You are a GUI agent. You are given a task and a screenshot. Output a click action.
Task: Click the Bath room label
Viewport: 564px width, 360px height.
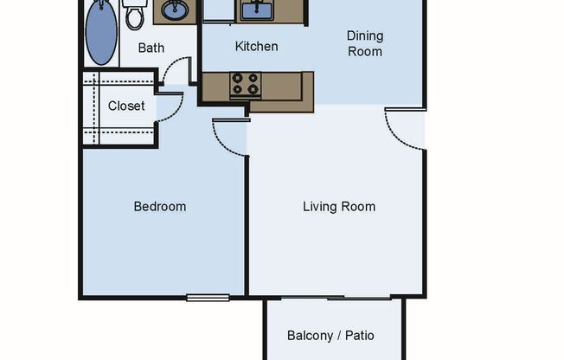click(151, 48)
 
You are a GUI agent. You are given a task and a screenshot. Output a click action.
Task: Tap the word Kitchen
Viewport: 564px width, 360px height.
click(257, 46)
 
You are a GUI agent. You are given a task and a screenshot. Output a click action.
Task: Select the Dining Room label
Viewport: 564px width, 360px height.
click(364, 43)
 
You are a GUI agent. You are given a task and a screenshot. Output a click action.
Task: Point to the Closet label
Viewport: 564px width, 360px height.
click(126, 106)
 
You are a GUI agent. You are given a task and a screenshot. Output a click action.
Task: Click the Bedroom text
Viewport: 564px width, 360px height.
click(159, 207)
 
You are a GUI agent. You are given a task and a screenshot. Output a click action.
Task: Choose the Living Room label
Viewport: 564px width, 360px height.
click(339, 207)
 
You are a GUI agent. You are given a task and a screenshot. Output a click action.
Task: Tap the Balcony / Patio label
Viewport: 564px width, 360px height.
click(330, 335)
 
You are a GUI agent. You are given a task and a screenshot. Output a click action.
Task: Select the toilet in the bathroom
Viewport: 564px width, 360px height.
click(134, 15)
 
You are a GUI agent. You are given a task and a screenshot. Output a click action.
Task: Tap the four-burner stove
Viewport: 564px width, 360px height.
click(245, 85)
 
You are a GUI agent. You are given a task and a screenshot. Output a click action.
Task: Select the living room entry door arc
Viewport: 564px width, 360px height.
click(402, 131)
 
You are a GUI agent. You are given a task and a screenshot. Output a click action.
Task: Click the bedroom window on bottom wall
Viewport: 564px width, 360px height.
click(208, 299)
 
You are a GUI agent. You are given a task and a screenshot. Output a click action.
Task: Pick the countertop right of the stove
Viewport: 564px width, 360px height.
click(289, 87)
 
